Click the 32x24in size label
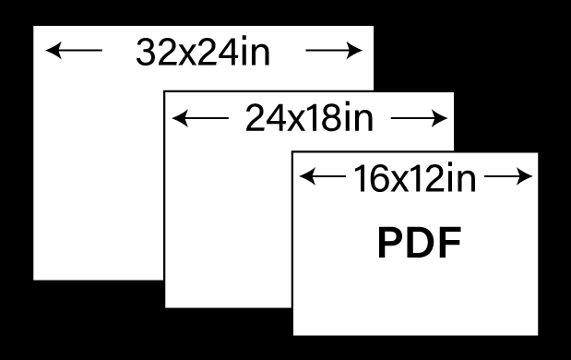point(203,52)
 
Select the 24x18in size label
point(310,117)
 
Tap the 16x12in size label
point(415,178)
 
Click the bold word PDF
point(420,242)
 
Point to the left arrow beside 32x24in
point(74,50)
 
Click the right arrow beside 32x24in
point(334,50)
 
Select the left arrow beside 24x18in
point(200,118)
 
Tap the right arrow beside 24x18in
point(419,118)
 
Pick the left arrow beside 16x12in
point(323,176)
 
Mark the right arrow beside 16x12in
point(508,176)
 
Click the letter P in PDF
point(391,242)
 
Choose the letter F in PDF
point(450,242)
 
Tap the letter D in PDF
point(422,242)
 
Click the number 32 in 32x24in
point(157,52)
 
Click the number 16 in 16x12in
point(370,178)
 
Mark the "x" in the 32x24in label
point(188,55)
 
